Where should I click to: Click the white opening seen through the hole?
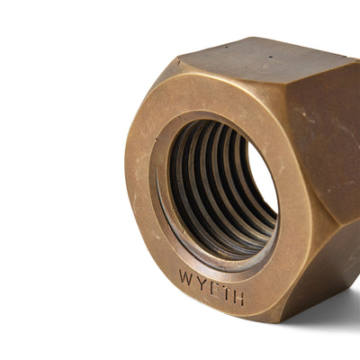click(x=262, y=184)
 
